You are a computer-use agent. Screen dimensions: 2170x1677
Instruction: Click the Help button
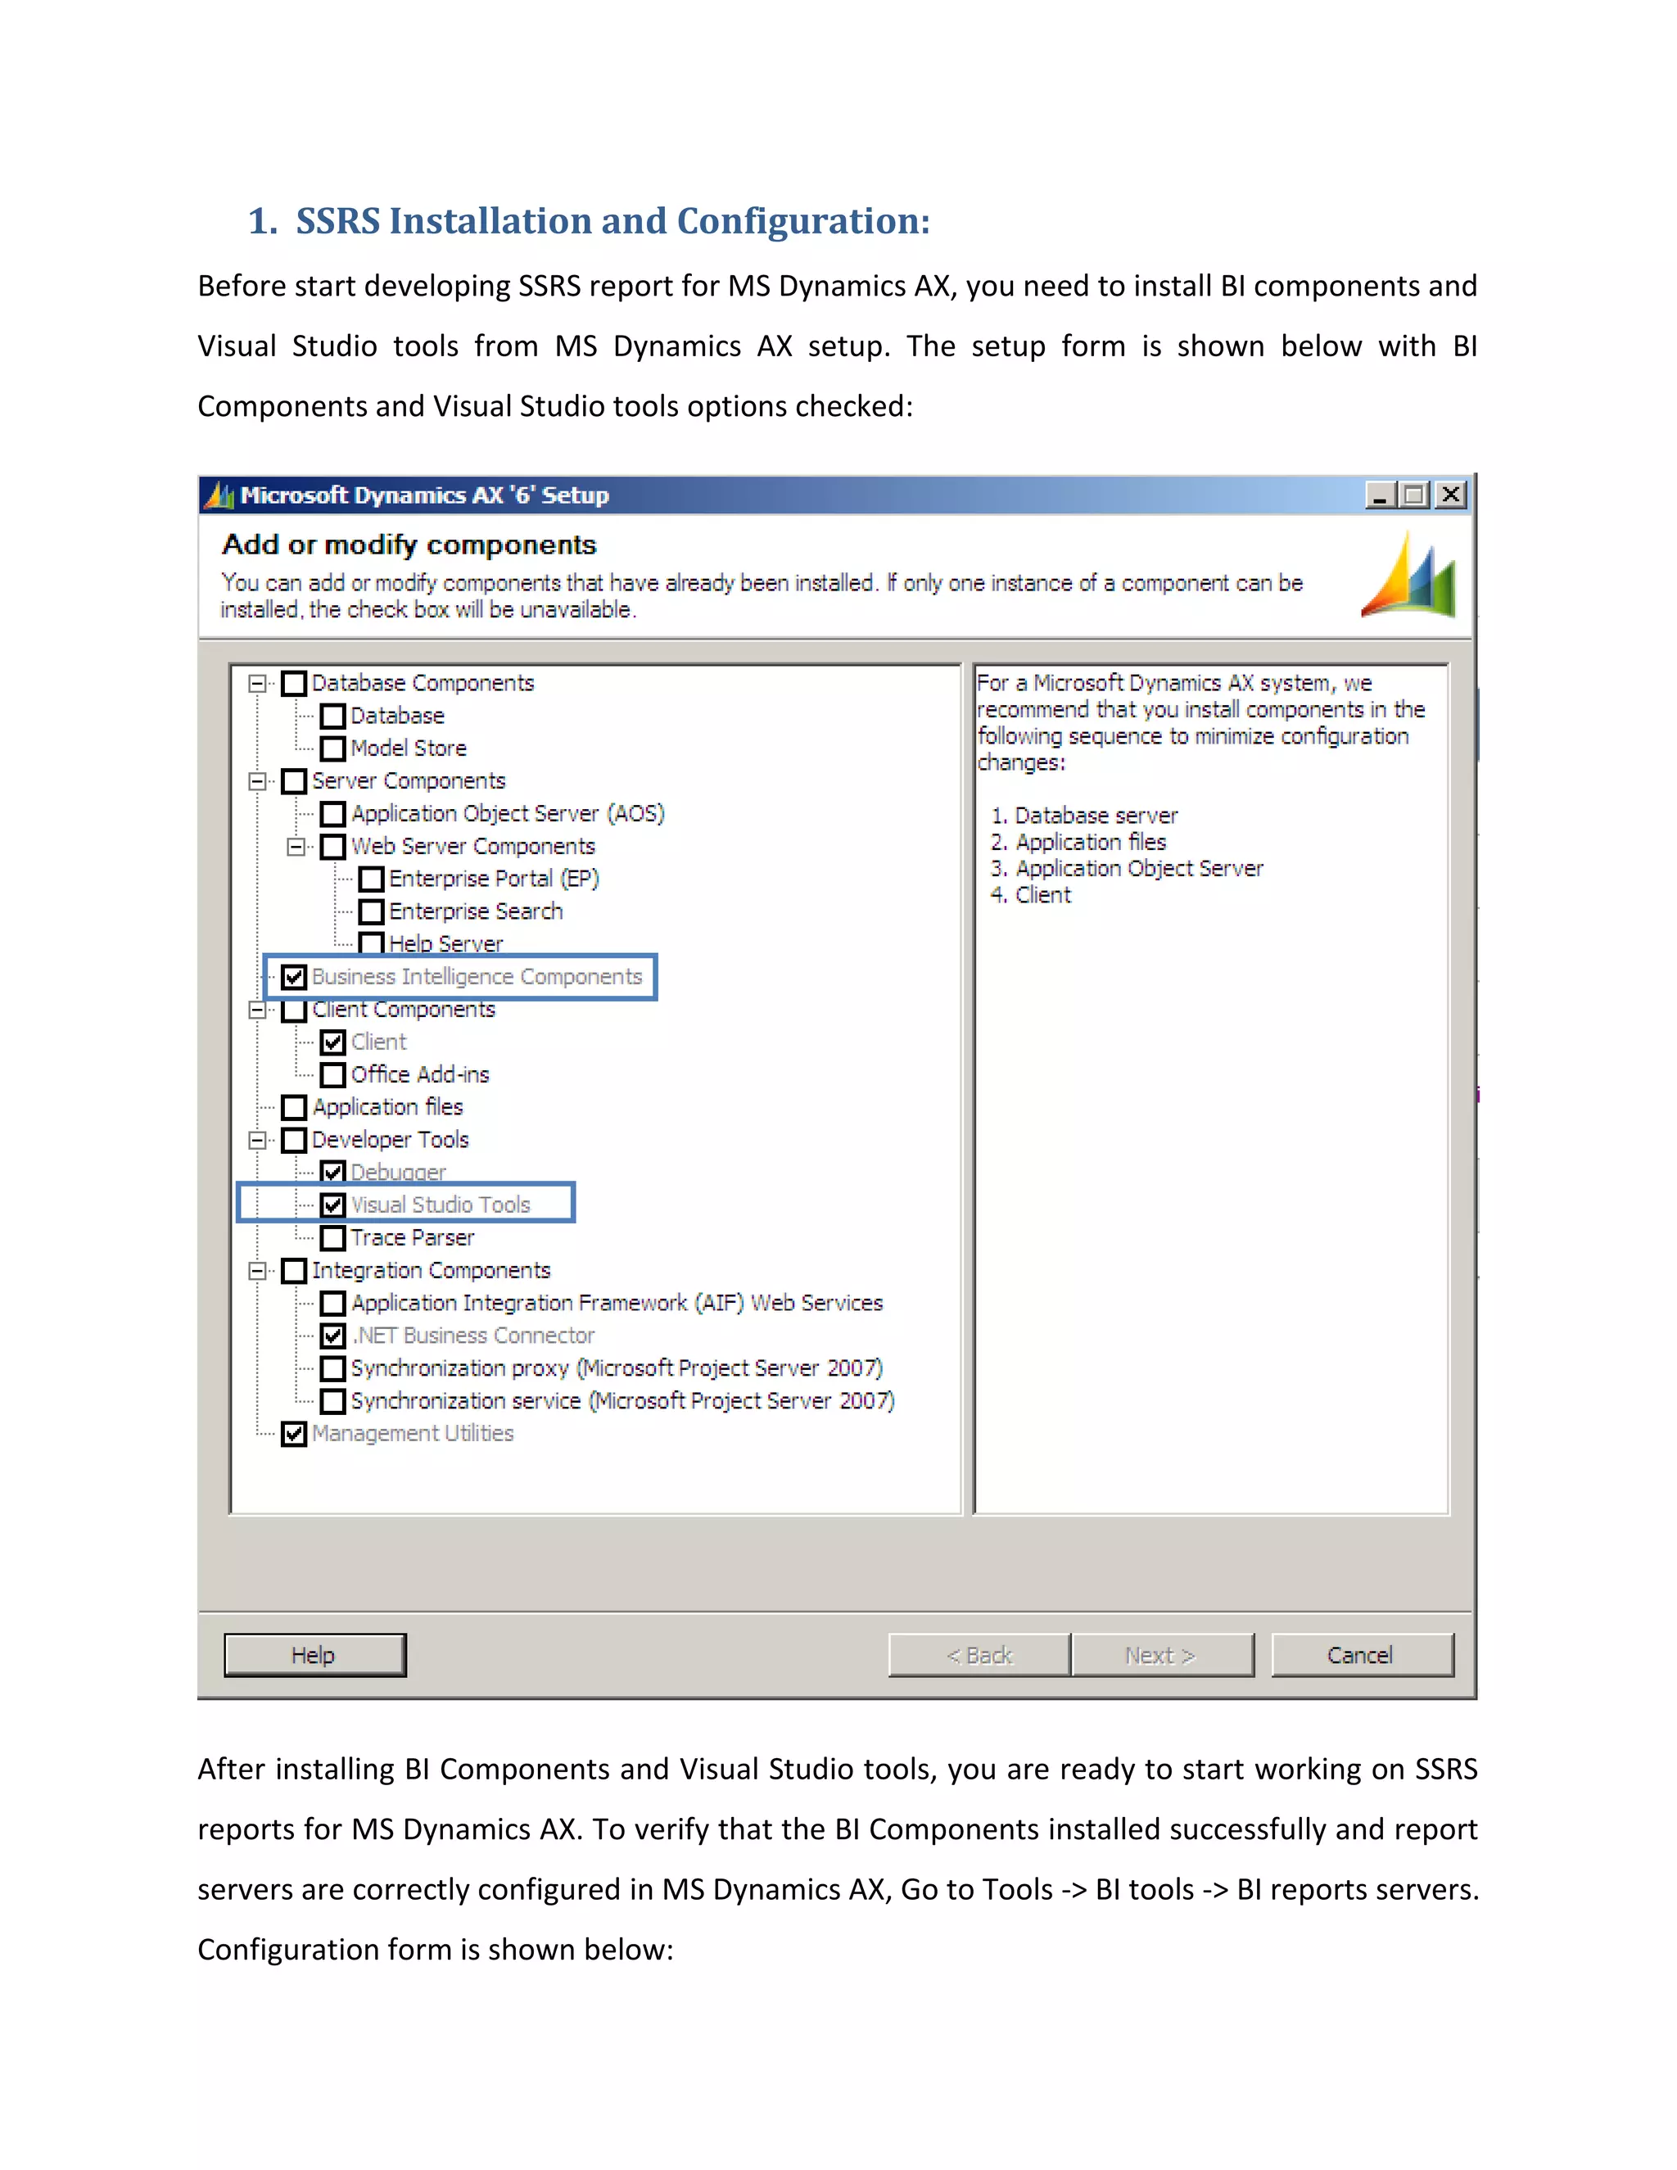click(x=314, y=1654)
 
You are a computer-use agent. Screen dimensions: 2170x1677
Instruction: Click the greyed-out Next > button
click(x=1161, y=1654)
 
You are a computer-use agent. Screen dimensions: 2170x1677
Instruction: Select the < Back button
click(x=979, y=1654)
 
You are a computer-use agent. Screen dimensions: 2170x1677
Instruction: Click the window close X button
click(x=1450, y=495)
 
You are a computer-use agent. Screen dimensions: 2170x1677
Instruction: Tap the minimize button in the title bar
click(x=1378, y=495)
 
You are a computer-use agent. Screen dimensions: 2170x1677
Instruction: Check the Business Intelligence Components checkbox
click(x=294, y=977)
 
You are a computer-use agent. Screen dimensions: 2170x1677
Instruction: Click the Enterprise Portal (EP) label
click(x=494, y=879)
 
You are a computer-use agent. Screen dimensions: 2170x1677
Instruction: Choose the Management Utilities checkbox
click(x=294, y=1434)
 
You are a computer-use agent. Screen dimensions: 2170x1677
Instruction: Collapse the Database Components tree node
click(x=257, y=684)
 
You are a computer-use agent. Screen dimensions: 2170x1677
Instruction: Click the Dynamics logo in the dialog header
click(x=1408, y=576)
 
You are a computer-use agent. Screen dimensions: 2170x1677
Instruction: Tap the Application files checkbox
click(x=294, y=1107)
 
